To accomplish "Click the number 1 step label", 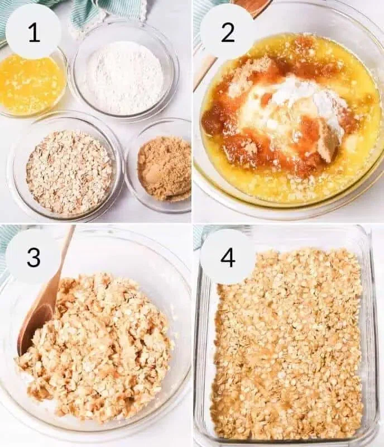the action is pyautogui.click(x=33, y=32).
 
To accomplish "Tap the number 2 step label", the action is pyautogui.click(x=227, y=32).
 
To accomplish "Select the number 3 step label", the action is pyautogui.click(x=33, y=256).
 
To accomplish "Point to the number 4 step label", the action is pyautogui.click(x=227, y=256).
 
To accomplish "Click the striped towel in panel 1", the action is pyautogui.click(x=94, y=15).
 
